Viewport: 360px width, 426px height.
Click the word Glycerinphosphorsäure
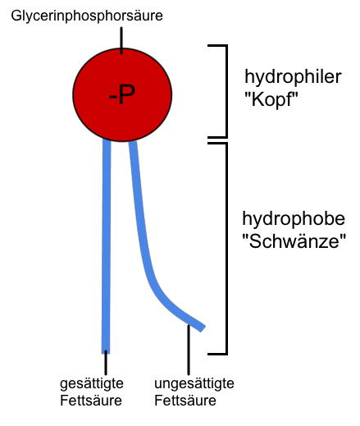point(87,16)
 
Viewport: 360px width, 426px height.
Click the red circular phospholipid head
point(122,95)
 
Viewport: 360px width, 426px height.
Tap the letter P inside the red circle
point(127,94)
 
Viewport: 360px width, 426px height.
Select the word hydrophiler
point(293,77)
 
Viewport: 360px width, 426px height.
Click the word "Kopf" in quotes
point(271,99)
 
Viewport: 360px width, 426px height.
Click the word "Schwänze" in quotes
point(294,241)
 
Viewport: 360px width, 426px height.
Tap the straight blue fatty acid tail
point(107,246)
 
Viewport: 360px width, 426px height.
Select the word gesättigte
point(92,384)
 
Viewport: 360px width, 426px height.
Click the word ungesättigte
point(194,384)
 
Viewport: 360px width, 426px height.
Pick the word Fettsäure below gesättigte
point(91,401)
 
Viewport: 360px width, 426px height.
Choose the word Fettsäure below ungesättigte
point(185,401)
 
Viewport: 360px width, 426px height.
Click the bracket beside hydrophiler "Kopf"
point(226,91)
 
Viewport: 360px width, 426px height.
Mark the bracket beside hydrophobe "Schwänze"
point(226,249)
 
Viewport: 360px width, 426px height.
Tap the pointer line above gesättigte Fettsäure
point(106,363)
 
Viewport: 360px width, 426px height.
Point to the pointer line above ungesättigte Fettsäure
point(189,350)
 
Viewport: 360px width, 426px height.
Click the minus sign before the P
point(113,96)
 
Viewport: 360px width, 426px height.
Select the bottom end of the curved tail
point(203,328)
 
